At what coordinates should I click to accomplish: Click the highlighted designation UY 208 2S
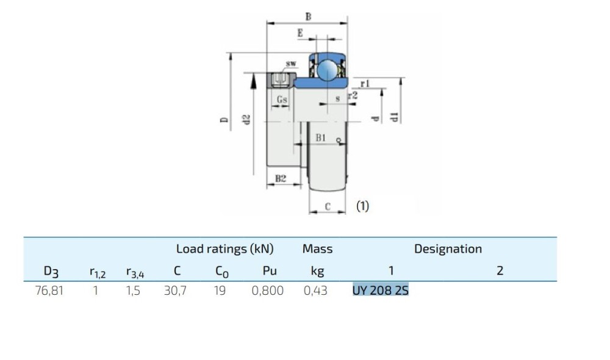click(x=380, y=290)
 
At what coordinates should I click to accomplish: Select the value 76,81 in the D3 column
click(x=49, y=290)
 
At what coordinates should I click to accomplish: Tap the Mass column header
click(x=317, y=248)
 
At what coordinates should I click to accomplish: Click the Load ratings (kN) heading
click(x=224, y=248)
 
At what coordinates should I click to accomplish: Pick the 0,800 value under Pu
click(x=267, y=290)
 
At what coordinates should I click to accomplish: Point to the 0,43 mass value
click(x=315, y=290)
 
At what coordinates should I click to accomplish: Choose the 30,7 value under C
click(x=175, y=290)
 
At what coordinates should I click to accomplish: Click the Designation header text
click(x=448, y=248)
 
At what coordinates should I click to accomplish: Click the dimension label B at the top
click(x=308, y=17)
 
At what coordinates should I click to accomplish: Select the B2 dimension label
click(x=280, y=179)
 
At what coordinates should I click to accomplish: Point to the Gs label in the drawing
click(x=282, y=99)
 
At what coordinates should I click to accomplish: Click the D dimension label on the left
click(x=224, y=120)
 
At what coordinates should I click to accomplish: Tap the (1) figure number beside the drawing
click(x=362, y=206)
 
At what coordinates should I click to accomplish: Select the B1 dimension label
click(x=321, y=139)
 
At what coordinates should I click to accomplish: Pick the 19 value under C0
click(x=219, y=290)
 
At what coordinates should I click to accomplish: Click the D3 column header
click(x=51, y=270)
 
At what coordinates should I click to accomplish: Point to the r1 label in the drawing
click(x=365, y=83)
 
